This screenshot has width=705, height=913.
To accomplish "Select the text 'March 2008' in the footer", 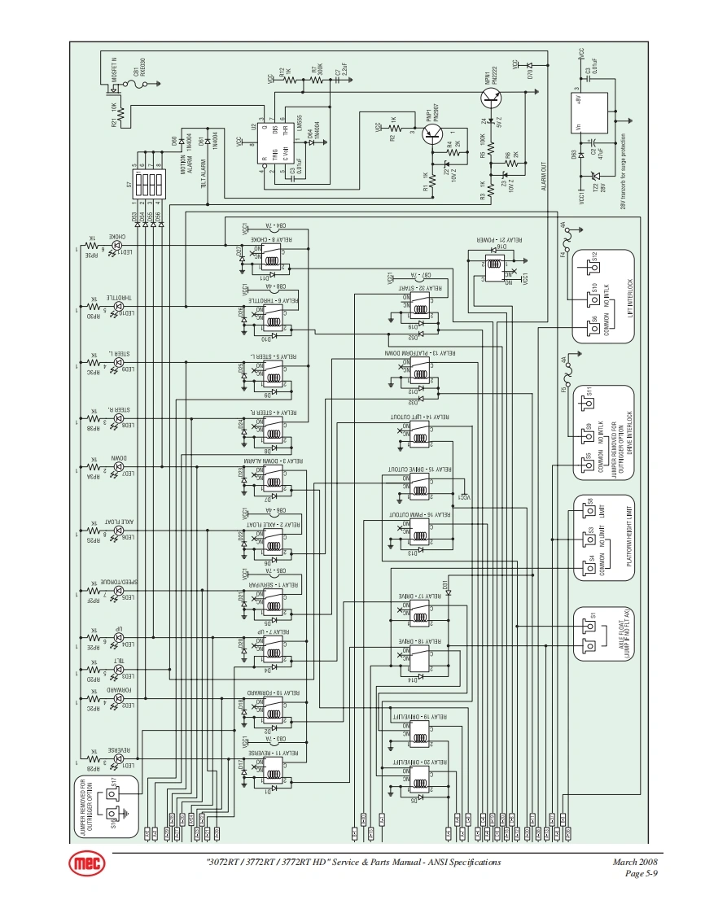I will click(634, 862).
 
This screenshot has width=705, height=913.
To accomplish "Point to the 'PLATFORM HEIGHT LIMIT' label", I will click(628, 540).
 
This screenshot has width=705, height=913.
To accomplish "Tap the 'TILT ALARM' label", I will click(202, 173).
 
